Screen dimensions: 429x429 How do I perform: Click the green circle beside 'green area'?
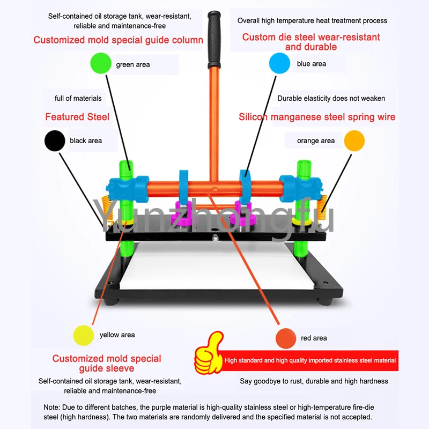tap(101, 63)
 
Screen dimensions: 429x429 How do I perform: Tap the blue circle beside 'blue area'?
tap(279, 63)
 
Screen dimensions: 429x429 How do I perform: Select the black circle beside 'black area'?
tap(55, 140)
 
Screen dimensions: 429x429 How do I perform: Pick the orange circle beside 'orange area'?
tap(354, 140)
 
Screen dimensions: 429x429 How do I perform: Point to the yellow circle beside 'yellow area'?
tap(84, 336)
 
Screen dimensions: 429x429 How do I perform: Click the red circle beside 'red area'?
tap(286, 338)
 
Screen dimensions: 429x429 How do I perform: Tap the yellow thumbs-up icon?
tap(209, 353)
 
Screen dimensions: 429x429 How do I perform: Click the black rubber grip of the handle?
tap(214, 40)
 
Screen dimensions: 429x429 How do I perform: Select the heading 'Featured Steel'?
tap(77, 117)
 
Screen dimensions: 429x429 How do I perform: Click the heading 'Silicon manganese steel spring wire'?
tap(317, 117)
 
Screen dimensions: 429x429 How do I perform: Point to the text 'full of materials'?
tap(78, 98)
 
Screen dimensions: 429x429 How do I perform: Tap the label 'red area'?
tap(314, 338)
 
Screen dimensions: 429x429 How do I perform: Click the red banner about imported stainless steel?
tap(309, 360)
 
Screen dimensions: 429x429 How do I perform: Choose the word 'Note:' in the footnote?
tap(51, 407)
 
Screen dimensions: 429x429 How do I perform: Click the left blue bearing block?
tap(129, 189)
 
